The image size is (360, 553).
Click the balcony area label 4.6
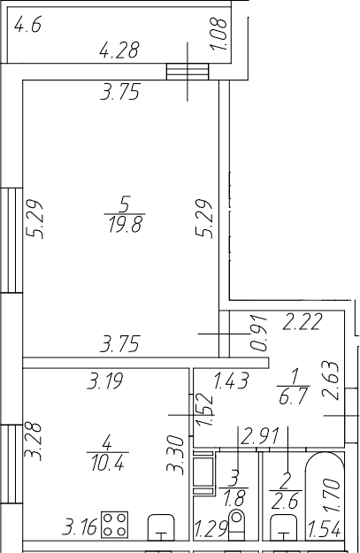point(27,26)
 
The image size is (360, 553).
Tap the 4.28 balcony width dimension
point(119,50)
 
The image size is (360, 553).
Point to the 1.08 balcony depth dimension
point(219,34)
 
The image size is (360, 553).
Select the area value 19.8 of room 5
point(126,225)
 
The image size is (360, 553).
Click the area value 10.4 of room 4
point(108,463)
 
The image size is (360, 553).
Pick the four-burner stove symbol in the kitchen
point(115,525)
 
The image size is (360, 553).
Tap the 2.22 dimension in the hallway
point(303,322)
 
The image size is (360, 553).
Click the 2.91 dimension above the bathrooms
point(259,436)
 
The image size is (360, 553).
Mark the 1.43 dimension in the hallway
point(232,380)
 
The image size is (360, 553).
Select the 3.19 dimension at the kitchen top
point(105,380)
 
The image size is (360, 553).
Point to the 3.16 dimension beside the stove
point(79,528)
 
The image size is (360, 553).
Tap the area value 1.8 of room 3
point(233,497)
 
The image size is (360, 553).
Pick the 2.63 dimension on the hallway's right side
point(332,380)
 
